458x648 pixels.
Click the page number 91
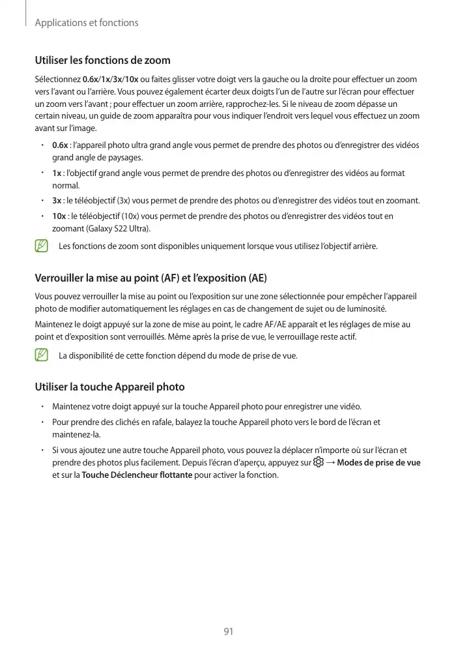229,632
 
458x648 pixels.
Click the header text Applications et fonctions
86,23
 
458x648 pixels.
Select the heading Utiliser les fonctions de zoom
102,61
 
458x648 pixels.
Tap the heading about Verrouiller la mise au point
150,278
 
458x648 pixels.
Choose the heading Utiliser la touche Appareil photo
109,387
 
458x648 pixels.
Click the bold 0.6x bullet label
60,145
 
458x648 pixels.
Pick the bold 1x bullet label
57,173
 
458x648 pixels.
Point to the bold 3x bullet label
57,200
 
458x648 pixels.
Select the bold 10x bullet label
59,216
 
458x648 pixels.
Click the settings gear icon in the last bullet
318,462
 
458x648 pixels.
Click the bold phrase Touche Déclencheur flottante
137,475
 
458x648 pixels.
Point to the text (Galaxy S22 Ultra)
114,228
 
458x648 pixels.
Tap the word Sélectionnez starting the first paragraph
58,79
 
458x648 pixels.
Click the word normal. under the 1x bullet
65,186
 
